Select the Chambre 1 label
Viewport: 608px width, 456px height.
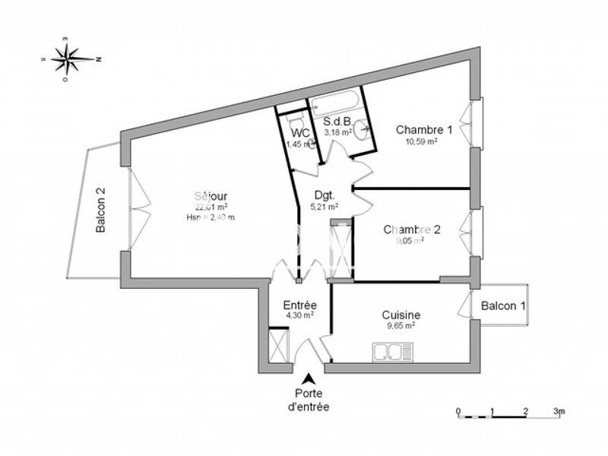coord(424,129)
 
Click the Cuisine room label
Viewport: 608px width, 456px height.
coord(401,315)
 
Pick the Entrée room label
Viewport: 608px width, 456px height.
coord(299,304)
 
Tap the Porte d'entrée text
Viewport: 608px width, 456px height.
coord(310,400)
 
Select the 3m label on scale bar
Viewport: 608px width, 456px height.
coord(559,411)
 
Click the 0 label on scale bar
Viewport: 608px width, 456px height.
coord(458,411)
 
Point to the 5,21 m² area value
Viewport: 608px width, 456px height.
coord(326,206)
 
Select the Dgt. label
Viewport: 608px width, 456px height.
coord(323,195)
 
